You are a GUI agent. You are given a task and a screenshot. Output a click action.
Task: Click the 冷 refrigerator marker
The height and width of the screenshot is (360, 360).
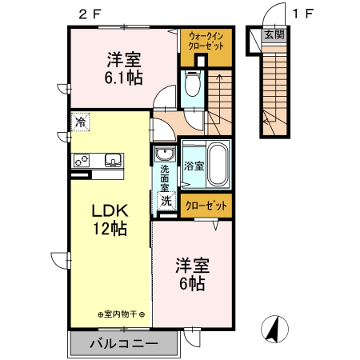(81, 122)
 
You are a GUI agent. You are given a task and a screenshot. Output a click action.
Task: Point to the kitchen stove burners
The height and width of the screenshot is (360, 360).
(82, 159)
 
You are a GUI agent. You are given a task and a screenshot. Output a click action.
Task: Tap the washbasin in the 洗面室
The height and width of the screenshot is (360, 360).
(166, 154)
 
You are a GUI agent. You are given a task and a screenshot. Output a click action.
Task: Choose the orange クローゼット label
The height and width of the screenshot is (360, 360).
(206, 206)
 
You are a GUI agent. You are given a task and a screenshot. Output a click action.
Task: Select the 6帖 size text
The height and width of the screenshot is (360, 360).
(193, 284)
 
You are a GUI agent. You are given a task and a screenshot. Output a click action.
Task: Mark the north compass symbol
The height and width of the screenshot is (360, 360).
(274, 329)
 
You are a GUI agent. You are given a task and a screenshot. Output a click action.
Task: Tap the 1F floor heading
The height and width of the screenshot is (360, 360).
(302, 13)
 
